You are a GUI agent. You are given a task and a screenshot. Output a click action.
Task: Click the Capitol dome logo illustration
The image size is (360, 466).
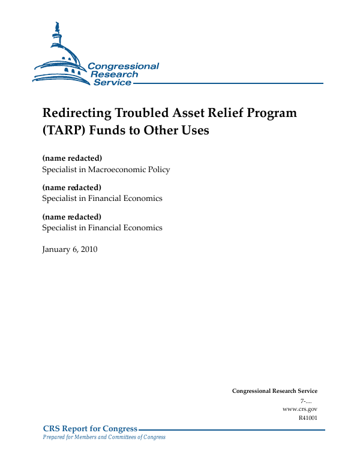60,57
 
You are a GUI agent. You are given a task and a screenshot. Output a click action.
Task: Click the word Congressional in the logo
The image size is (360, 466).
123,66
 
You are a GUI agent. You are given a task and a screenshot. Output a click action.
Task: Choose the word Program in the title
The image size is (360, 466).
270,113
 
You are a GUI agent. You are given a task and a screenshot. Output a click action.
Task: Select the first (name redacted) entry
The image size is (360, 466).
72,158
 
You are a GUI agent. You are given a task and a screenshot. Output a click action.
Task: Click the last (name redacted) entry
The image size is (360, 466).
72,217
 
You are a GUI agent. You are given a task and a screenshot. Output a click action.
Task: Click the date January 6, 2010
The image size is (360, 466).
70,249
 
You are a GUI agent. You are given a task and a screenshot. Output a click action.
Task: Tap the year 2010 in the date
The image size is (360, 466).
88,249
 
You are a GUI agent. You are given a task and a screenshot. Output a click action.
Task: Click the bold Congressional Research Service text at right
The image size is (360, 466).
274,391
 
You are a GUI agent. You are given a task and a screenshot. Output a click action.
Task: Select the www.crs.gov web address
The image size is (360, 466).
299,409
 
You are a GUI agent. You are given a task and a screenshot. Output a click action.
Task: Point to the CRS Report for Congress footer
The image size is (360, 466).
90,429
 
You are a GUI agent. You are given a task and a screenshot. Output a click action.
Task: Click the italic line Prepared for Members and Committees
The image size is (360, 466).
104,437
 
